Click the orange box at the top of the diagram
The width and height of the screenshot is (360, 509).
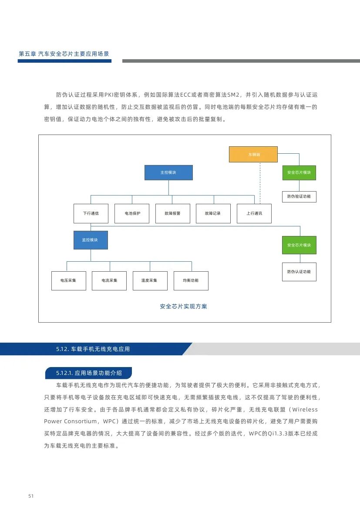[253, 154]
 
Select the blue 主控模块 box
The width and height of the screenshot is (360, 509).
[168, 172]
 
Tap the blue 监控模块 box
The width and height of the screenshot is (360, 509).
[91, 240]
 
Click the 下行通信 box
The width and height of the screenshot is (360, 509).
[91, 213]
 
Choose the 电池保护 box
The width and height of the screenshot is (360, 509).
[131, 213]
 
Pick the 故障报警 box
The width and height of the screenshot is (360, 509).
[172, 213]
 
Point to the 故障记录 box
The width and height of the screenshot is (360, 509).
[213, 213]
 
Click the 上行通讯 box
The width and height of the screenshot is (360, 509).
[254, 213]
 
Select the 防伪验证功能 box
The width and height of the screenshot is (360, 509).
[299, 196]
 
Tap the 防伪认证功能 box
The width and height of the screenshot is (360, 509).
[299, 272]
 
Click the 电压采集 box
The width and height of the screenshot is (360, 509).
[68, 280]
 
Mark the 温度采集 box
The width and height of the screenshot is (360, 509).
[150, 280]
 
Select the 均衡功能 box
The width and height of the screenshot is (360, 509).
[191, 280]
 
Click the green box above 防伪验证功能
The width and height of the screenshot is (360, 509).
[299, 172]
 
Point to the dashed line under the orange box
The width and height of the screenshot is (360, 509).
[260, 183]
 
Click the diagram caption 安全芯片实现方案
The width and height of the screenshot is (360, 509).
[184, 307]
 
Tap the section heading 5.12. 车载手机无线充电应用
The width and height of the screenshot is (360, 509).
[93, 349]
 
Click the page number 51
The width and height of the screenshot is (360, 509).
[31, 496]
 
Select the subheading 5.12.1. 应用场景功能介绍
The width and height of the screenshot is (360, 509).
[89, 373]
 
